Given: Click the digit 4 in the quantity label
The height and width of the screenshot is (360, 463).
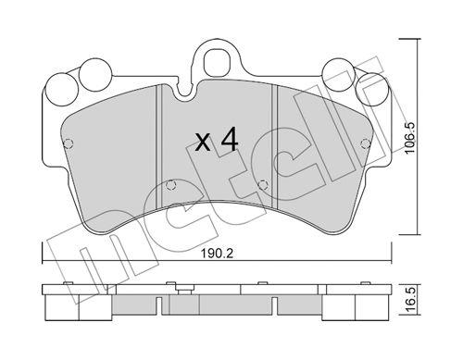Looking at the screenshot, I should tap(230, 141).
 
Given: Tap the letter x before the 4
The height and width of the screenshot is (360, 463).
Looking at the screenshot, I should tap(204, 143).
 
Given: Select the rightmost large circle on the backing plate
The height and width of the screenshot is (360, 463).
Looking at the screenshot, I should tap(371, 88).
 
